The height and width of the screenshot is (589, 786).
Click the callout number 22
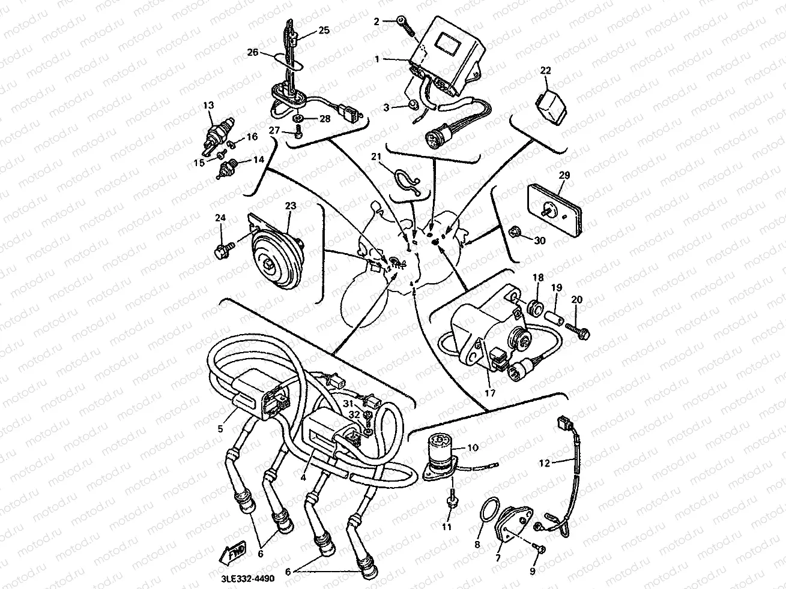(545, 70)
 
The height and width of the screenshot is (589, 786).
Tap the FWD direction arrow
(232, 551)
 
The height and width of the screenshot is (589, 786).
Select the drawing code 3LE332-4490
(248, 579)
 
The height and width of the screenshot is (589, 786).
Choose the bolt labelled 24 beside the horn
(223, 248)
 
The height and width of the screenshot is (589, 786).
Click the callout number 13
(208, 105)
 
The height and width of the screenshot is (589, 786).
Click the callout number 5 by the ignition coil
(220, 428)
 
